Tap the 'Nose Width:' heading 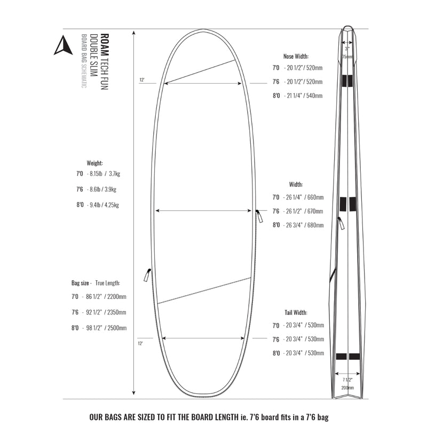296,56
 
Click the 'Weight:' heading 95,163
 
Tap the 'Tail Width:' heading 295,312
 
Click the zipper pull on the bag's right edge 259,217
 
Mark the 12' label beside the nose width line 142,80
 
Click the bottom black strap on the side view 347,357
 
